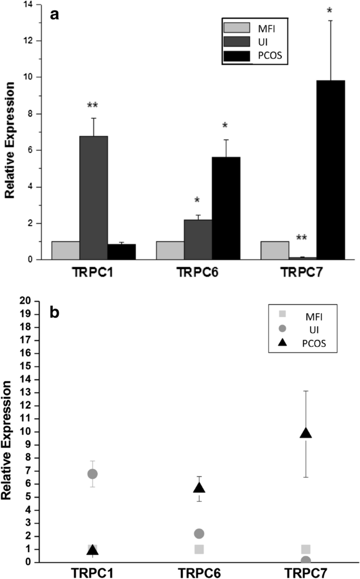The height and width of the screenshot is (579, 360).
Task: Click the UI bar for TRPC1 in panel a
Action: pyautogui.click(x=94, y=198)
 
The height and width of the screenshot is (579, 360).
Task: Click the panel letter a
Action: pyautogui.click(x=54, y=15)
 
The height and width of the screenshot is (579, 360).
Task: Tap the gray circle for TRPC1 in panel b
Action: pyautogui.click(x=92, y=474)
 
